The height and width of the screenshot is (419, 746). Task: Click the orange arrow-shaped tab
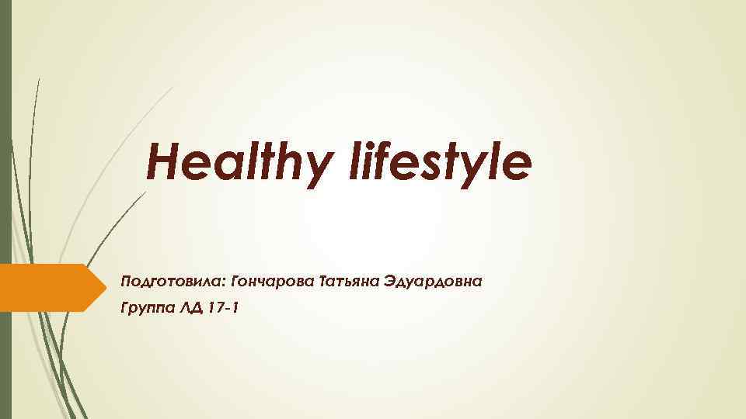click(x=47, y=288)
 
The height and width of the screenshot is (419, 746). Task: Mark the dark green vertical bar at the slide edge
click(x=5, y=209)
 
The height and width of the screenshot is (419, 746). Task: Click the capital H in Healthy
click(x=162, y=162)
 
